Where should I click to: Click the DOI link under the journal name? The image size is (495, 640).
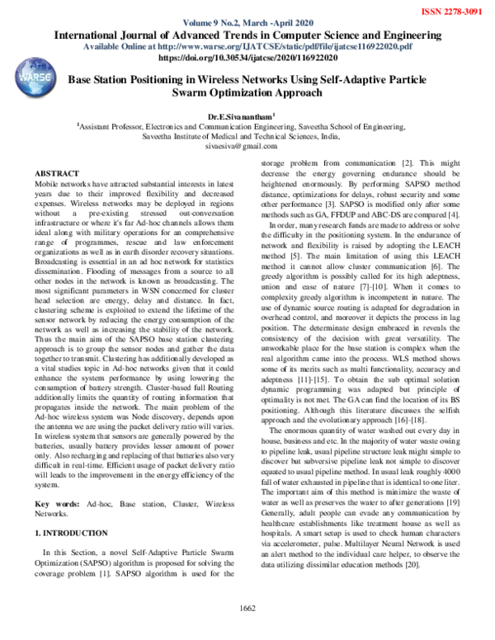(x=247, y=59)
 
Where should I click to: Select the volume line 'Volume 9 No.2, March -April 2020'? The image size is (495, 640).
(x=247, y=24)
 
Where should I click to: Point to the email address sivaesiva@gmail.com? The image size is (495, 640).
(x=247, y=145)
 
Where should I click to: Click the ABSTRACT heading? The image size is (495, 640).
(x=57, y=174)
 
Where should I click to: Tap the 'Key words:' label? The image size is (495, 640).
(x=57, y=502)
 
